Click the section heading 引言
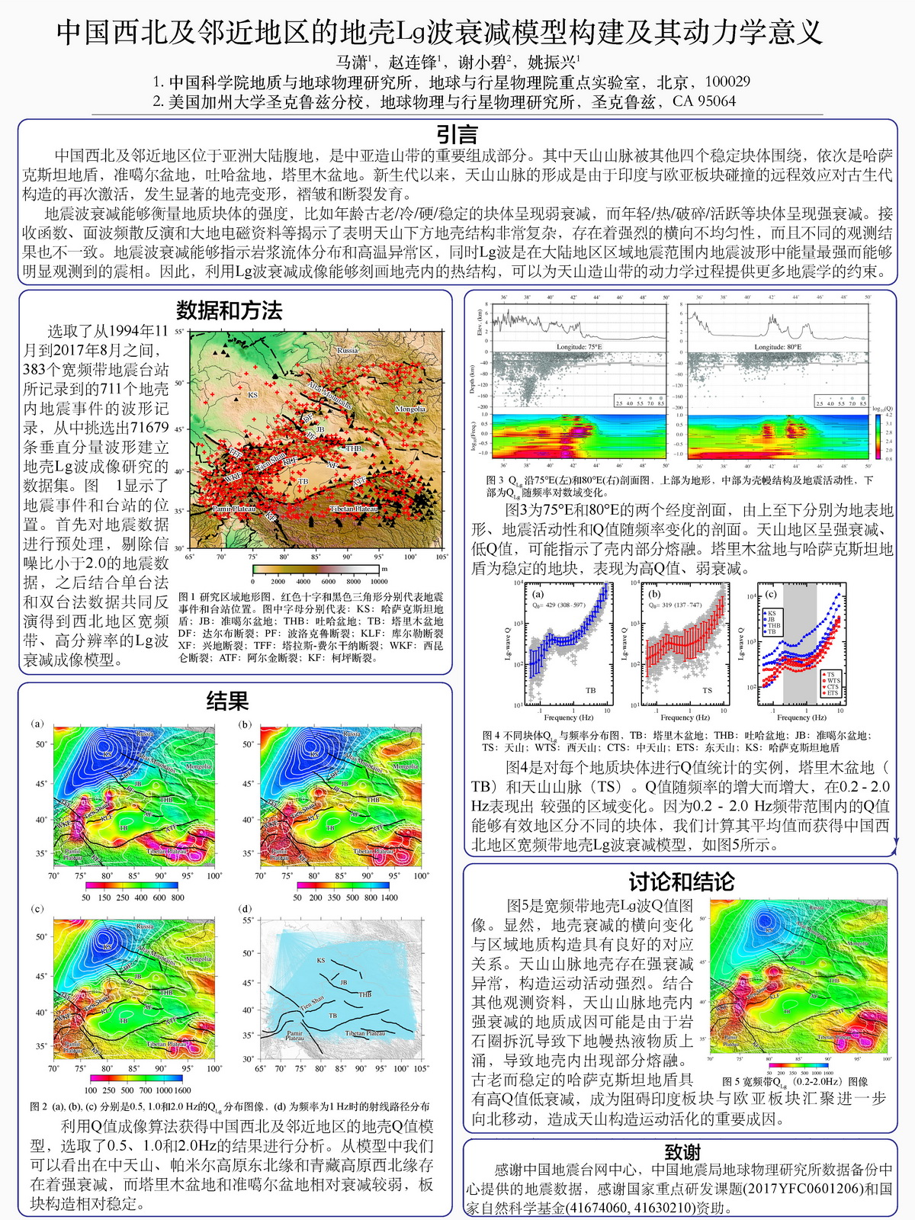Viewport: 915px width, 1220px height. tap(457, 134)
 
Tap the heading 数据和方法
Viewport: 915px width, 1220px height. tap(229, 310)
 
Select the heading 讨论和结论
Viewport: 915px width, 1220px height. tap(681, 882)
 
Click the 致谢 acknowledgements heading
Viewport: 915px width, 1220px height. tap(681, 1152)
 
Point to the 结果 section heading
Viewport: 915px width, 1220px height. tap(228, 701)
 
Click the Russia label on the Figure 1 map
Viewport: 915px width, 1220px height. tap(348, 350)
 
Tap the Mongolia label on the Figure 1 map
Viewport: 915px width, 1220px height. tap(410, 409)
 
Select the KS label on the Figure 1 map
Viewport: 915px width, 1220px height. tap(252, 395)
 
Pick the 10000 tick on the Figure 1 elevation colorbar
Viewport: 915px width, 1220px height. tap(378, 582)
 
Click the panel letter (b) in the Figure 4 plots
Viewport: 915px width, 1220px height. tap(654, 593)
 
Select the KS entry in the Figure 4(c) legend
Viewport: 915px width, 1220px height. tap(772, 613)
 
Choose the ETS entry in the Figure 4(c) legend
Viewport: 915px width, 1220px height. tap(832, 692)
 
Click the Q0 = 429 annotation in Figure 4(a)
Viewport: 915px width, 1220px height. tap(560, 605)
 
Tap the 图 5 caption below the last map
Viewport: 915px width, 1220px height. tap(794, 1081)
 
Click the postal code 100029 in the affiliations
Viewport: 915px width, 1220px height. tap(727, 82)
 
